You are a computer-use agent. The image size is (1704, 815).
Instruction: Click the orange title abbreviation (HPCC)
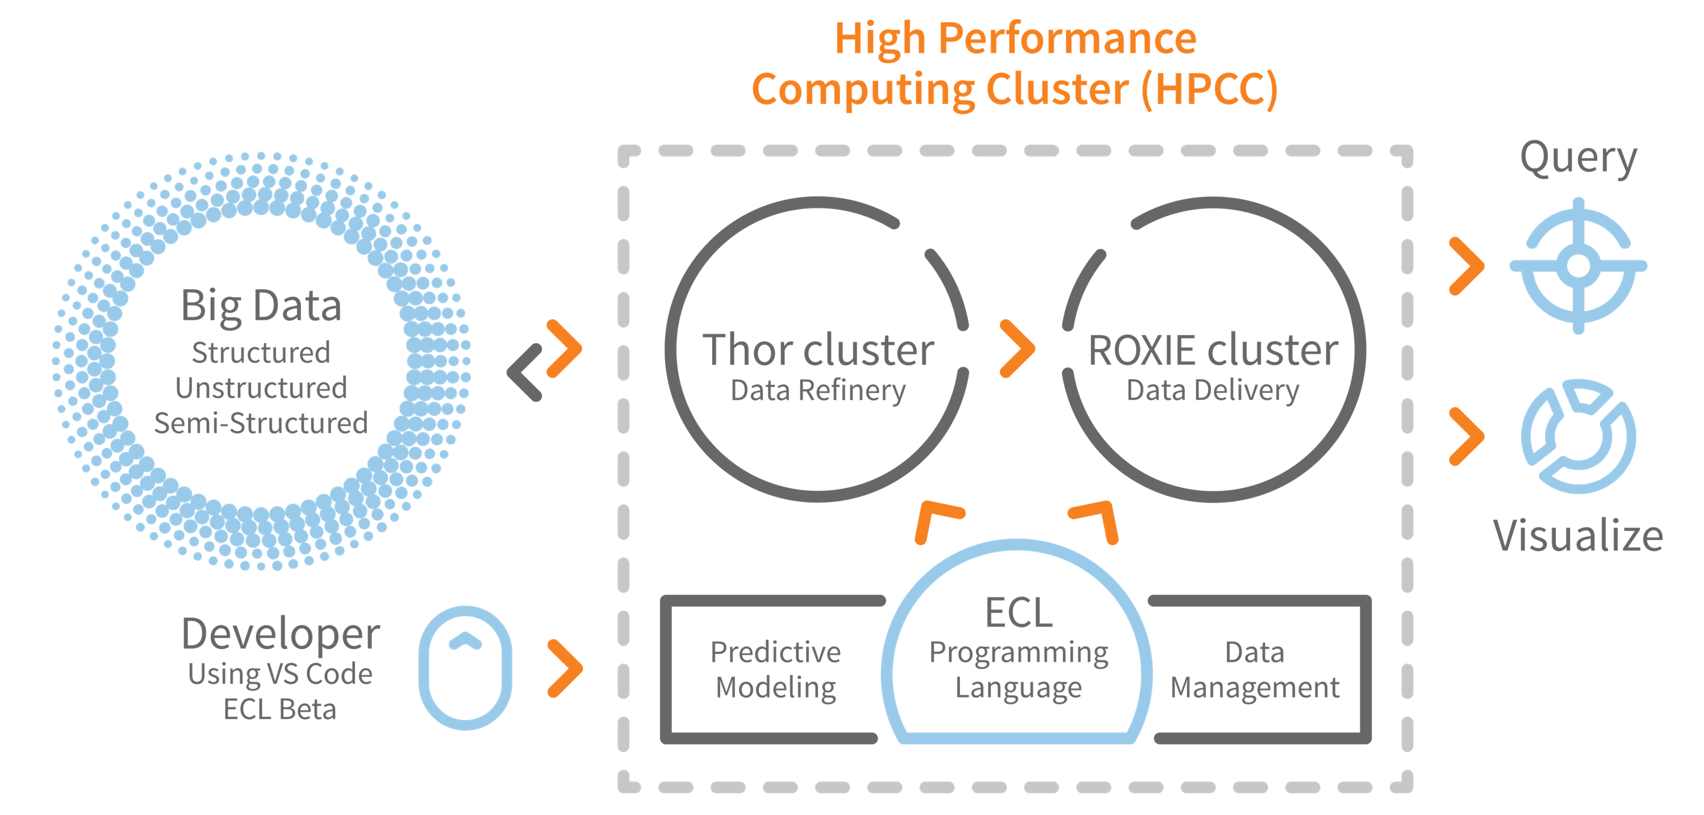[x=1210, y=89]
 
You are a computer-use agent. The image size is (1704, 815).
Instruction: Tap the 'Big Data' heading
[x=261, y=307]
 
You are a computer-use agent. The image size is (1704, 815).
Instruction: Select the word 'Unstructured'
[x=261, y=388]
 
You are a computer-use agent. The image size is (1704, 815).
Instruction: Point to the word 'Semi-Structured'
[x=261, y=423]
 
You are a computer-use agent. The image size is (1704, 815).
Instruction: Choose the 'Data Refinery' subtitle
[x=818, y=391]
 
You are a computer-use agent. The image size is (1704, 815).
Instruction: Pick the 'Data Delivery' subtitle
[x=1213, y=391]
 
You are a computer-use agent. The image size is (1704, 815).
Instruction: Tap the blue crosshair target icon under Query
[x=1579, y=266]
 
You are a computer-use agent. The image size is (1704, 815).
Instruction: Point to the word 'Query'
[x=1578, y=159]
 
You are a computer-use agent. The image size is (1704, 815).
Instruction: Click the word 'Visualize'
[x=1578, y=535]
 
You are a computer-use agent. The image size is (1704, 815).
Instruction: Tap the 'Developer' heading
[x=281, y=634]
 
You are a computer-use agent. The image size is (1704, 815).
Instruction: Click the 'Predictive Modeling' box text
[x=776, y=670]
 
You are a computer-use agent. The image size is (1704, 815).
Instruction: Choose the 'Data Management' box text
[x=1255, y=670]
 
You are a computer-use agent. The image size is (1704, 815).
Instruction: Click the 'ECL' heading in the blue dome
[x=1018, y=613]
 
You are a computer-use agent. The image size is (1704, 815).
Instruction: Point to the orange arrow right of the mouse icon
[x=565, y=668]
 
